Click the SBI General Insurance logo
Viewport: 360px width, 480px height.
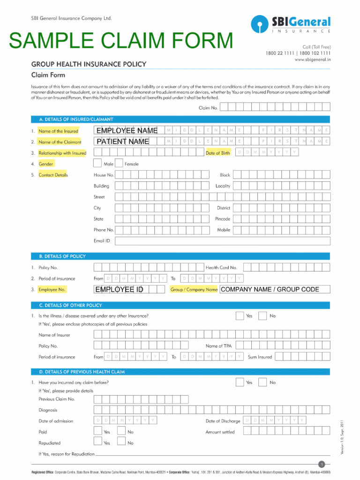coord(291,24)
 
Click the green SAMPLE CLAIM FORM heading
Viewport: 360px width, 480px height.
coord(121,41)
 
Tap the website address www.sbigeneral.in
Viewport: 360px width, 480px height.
coord(313,60)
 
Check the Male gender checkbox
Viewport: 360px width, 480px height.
coord(97,164)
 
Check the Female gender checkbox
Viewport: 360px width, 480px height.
coord(119,164)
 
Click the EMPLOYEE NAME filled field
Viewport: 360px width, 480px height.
coord(127,130)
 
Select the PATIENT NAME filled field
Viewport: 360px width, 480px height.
coord(122,142)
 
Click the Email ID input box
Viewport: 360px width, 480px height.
coord(222,241)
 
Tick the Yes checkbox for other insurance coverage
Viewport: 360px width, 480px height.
coord(240,315)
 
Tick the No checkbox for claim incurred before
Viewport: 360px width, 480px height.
coord(262,382)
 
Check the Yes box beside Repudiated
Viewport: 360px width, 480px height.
coord(97,441)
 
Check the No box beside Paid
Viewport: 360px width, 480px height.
coord(121,430)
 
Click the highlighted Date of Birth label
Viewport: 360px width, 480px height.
coord(218,153)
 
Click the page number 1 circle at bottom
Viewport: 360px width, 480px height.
coord(321,464)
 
